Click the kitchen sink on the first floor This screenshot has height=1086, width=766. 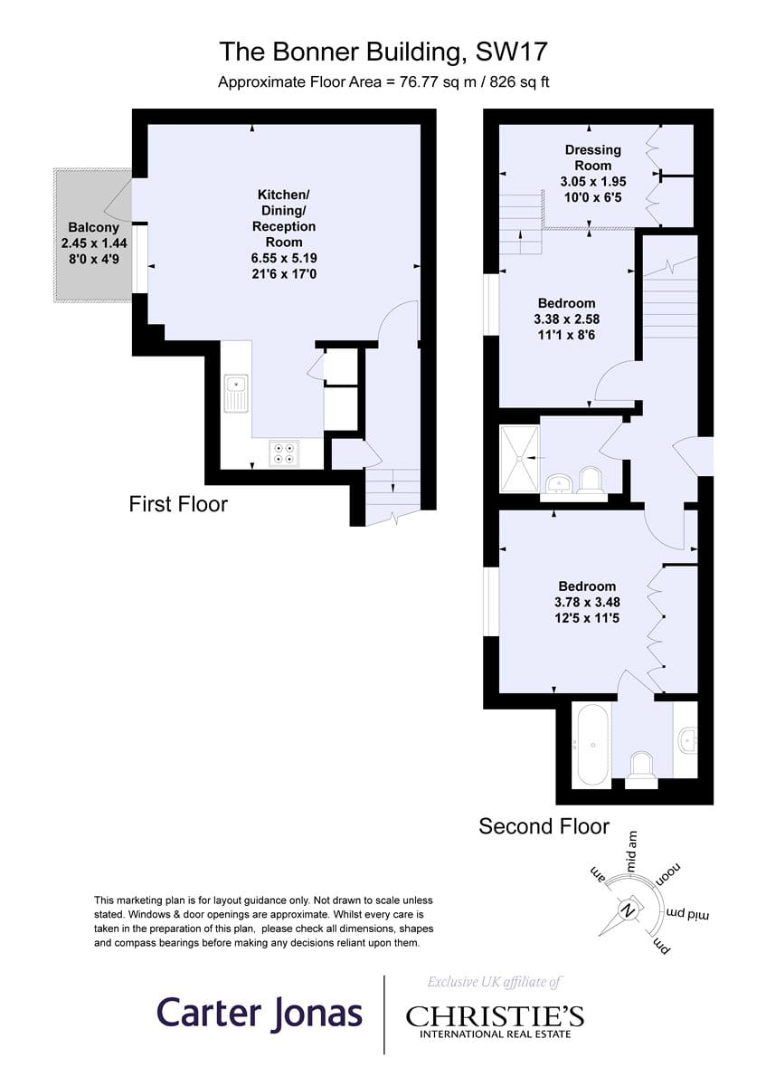coord(236,393)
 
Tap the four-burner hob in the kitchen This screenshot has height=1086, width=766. coord(284,453)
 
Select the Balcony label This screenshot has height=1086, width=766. coord(93,227)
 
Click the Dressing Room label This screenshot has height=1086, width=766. coord(593,157)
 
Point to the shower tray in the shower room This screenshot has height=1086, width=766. coord(519,458)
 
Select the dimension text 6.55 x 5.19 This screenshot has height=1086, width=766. coord(284,258)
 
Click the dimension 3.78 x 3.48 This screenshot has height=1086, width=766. coord(587,602)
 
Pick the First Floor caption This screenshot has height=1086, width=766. coord(178,504)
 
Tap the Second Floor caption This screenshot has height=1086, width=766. coord(544,826)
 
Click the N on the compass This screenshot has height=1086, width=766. coord(628,910)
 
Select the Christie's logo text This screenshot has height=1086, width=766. coord(495,1016)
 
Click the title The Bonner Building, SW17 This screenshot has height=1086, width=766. coord(383,52)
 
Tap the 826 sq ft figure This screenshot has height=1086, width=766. coord(519,82)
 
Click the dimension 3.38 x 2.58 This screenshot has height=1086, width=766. coord(567,319)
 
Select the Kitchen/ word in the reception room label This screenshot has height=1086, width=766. coord(283,195)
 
